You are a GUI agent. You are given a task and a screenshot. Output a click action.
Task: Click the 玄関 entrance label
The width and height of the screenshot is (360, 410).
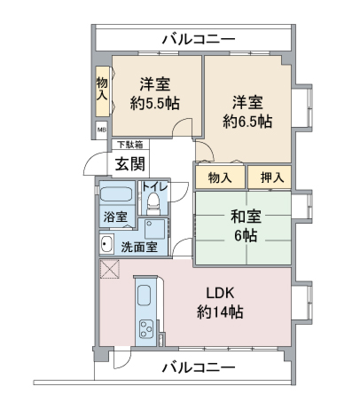[x=130, y=164]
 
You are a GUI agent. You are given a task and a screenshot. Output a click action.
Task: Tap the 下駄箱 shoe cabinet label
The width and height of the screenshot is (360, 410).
[x=130, y=145]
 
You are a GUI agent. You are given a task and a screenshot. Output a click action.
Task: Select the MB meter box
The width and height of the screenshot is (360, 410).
[x=101, y=130]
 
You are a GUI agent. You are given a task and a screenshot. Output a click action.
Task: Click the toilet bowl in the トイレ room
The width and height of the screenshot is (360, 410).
[x=153, y=201]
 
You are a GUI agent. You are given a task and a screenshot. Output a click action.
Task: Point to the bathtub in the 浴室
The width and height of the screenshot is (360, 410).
[x=116, y=194]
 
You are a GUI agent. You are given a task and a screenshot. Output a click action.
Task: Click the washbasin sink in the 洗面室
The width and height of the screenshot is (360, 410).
[x=106, y=243]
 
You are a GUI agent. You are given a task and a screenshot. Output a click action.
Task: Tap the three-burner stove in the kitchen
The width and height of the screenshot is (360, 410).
[x=146, y=329]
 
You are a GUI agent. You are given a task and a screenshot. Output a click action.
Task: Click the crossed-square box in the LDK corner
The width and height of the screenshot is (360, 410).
[x=110, y=269]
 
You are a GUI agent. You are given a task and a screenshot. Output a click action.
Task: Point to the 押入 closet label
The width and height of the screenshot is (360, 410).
[x=272, y=177]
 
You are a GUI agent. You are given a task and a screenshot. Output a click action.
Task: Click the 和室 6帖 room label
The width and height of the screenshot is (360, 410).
[x=246, y=225]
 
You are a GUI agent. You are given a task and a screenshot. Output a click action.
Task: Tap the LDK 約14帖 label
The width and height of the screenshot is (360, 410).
[x=220, y=303]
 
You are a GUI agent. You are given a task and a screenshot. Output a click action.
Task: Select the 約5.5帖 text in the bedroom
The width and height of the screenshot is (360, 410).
[x=154, y=104]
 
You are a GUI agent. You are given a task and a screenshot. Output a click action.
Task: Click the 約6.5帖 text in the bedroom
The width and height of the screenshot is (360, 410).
[x=247, y=122]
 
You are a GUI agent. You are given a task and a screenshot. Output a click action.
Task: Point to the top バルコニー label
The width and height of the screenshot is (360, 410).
[x=199, y=39]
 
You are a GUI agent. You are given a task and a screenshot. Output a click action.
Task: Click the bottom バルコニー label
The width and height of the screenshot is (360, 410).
[x=199, y=367]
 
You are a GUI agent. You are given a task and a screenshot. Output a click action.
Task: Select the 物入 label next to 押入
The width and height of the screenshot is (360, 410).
[x=220, y=177]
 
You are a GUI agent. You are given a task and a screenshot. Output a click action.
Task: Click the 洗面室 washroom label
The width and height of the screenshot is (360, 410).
[x=139, y=247]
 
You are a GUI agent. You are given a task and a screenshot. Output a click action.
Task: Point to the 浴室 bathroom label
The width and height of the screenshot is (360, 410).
[x=115, y=217]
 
